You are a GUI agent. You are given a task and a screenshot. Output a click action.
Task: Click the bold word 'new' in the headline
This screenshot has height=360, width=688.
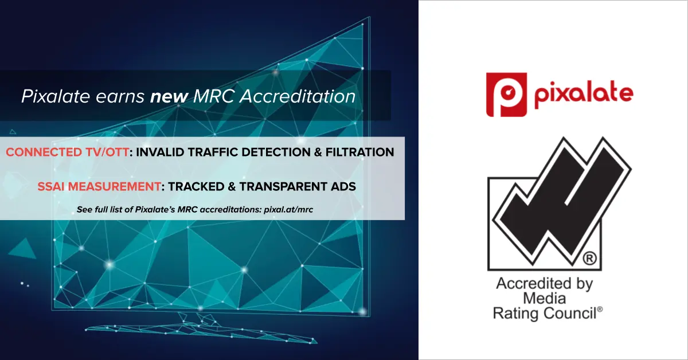click(x=169, y=96)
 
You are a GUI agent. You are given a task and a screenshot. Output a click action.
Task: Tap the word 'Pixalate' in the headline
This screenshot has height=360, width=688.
click(x=55, y=96)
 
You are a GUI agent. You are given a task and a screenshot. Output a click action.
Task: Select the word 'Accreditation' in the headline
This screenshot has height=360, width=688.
click(x=298, y=96)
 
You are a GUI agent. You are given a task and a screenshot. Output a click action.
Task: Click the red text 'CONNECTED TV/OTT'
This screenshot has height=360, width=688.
click(x=67, y=152)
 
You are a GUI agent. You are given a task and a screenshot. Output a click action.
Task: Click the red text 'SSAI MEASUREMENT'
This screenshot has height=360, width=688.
click(x=99, y=186)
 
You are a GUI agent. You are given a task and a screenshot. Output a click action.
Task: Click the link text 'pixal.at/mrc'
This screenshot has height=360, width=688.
click(x=288, y=209)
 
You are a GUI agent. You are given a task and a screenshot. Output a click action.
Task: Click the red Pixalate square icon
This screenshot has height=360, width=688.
click(x=506, y=95)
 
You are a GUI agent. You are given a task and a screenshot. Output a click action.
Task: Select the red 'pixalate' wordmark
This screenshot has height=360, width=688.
click(x=584, y=95)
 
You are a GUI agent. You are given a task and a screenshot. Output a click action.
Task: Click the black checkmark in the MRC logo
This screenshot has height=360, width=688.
click(x=562, y=201)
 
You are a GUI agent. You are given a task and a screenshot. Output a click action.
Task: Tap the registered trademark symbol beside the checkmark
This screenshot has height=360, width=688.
click(x=589, y=259)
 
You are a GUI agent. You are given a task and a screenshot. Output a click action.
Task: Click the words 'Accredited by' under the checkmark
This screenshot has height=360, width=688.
click(x=544, y=284)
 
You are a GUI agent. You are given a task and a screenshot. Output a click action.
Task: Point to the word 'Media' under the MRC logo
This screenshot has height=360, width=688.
click(x=544, y=298)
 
